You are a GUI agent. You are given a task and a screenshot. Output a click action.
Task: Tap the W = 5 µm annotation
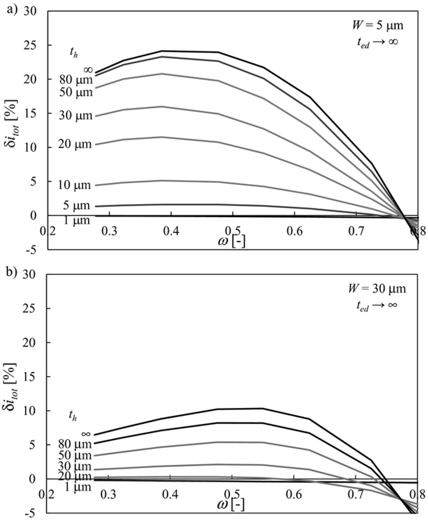point(377,25)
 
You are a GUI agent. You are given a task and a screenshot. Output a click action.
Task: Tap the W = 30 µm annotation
point(377,289)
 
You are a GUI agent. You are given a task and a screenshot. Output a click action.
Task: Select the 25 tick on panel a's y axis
point(34,45)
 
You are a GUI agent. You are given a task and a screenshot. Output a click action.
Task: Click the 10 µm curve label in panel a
point(75,185)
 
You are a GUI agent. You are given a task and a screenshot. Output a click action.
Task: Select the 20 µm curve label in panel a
point(75,144)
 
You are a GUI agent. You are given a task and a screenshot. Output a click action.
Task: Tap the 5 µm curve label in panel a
point(77,206)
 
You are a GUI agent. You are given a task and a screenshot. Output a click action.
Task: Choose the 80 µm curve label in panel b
point(75,444)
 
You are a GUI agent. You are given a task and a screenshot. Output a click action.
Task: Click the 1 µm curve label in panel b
point(77,487)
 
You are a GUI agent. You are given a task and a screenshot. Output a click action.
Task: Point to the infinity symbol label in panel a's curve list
point(88,70)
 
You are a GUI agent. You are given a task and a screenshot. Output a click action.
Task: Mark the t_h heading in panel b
point(73,415)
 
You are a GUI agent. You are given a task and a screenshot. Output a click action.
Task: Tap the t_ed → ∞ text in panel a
point(377,42)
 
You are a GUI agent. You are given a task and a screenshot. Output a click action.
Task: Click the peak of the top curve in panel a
point(162,51)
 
